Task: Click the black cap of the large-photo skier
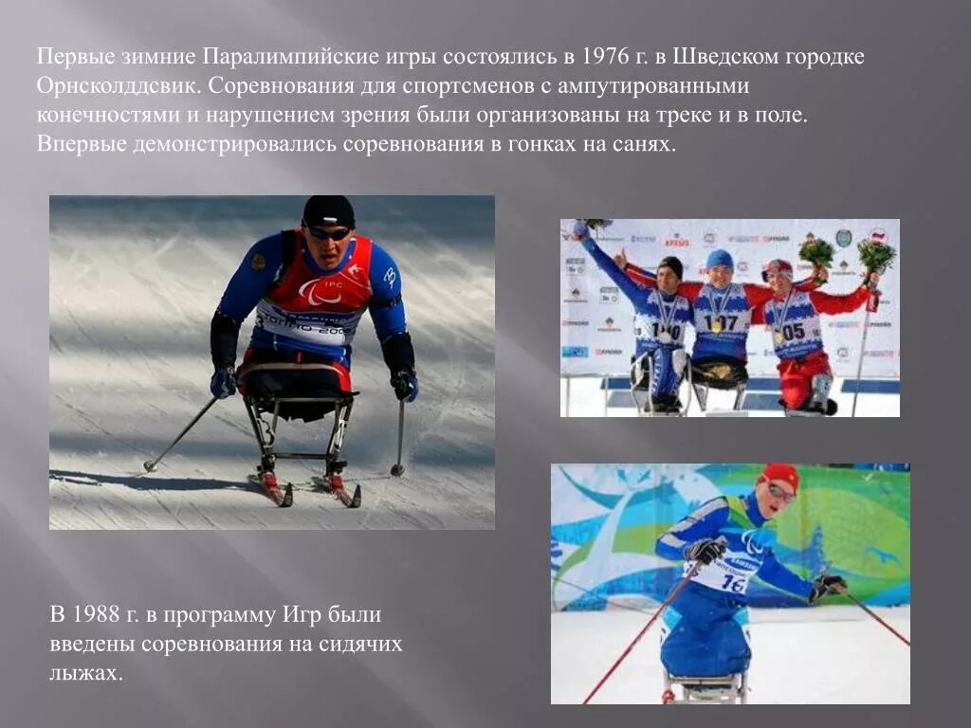tap(328, 210)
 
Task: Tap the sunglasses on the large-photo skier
tap(329, 233)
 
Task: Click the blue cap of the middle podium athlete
tap(720, 259)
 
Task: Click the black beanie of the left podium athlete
tap(670, 265)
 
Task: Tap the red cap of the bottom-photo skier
tap(781, 473)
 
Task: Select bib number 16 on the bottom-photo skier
tap(732, 583)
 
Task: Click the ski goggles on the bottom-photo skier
tap(779, 492)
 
